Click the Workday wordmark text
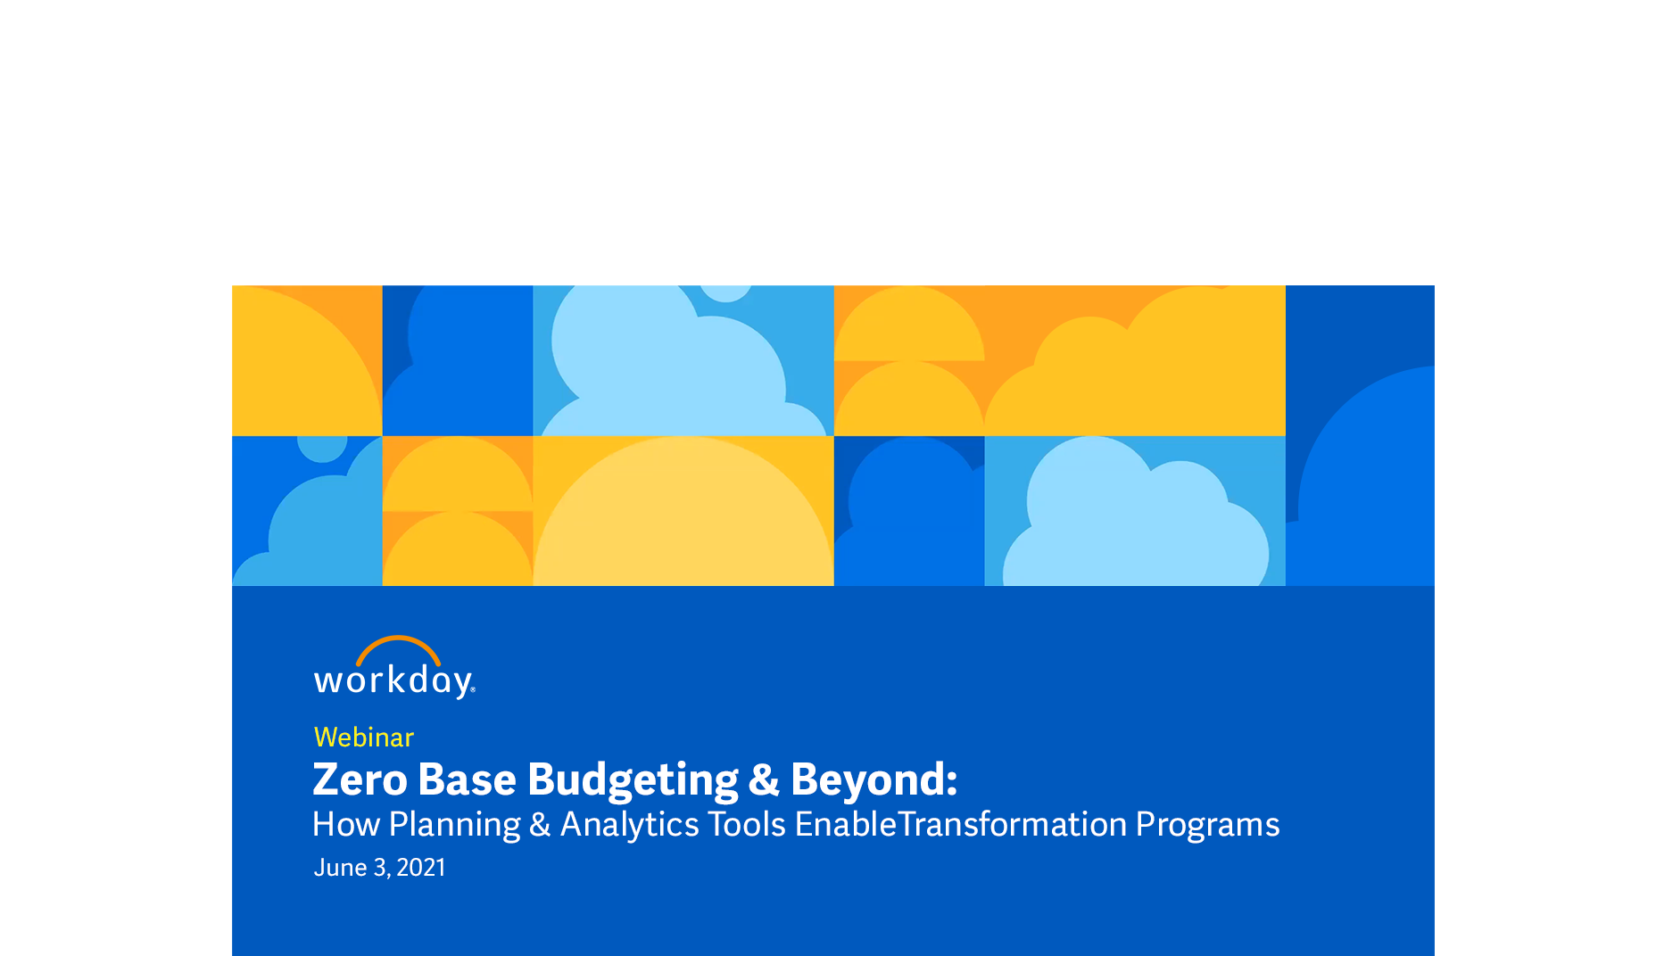pyautogui.click(x=393, y=681)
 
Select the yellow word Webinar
pyautogui.click(x=364, y=738)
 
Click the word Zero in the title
pyautogui.click(x=360, y=779)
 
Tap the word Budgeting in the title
pyautogui.click(x=633, y=780)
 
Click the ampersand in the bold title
pyautogui.click(x=764, y=779)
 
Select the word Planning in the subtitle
pyautogui.click(x=454, y=825)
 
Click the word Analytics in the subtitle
pyautogui.click(x=629, y=825)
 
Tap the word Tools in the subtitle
pyautogui.click(x=747, y=825)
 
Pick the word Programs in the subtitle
pyautogui.click(x=1207, y=825)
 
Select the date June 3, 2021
pyautogui.click(x=379, y=868)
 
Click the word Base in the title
pyautogui.click(x=467, y=779)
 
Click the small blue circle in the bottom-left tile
pyautogui.click(x=322, y=443)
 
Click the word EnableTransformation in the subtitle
pyautogui.click(x=961, y=825)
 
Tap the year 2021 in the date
pyautogui.click(x=421, y=868)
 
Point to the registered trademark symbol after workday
pyautogui.click(x=473, y=689)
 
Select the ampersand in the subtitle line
pyautogui.click(x=540, y=825)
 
